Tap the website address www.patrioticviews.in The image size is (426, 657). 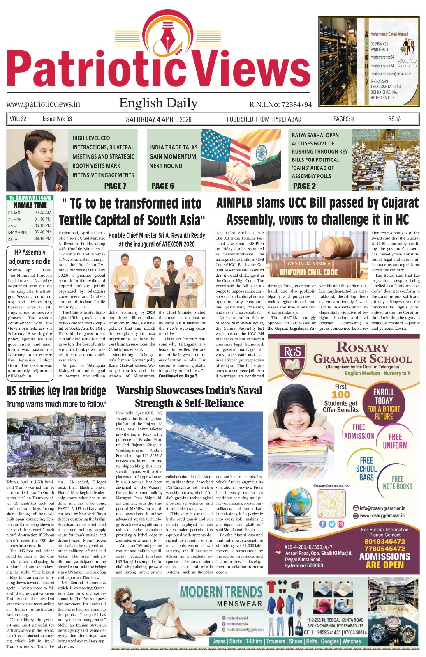(x=43, y=104)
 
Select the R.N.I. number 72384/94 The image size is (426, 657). (x=280, y=105)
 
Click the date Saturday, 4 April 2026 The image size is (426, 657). (x=158, y=119)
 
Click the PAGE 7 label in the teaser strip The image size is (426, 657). (x=115, y=186)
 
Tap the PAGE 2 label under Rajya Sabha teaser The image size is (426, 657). (x=304, y=186)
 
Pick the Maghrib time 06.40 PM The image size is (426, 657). (x=43, y=232)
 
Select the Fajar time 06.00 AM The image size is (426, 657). (x=43, y=213)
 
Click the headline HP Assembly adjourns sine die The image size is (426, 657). (x=30, y=257)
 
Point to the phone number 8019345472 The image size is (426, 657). (x=384, y=542)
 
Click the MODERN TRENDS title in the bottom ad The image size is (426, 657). (x=221, y=592)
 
